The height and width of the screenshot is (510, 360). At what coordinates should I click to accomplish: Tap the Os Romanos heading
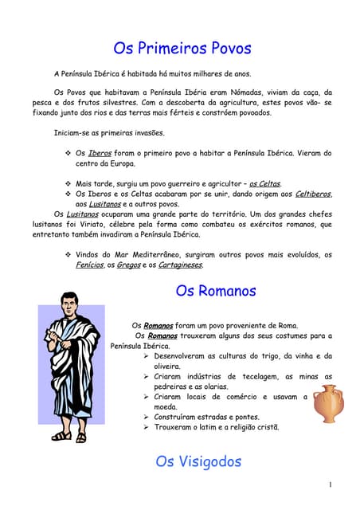coord(215,291)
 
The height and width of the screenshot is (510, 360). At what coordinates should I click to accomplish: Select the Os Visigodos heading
coord(198,461)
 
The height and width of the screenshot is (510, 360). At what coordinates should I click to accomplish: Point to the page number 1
coord(330,484)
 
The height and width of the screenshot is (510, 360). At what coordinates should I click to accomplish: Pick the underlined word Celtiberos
coord(311,194)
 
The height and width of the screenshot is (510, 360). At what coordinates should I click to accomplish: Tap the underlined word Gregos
coord(128,265)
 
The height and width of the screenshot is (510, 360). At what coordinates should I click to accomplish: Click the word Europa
coord(120,163)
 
